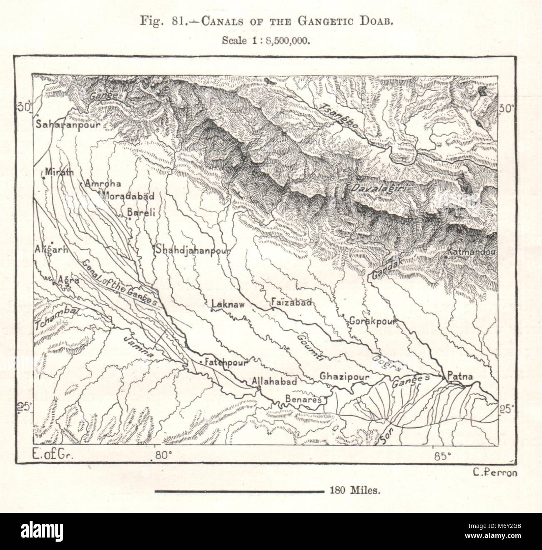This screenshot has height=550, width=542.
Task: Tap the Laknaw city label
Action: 228,305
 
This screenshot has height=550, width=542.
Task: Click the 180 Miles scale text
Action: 354,491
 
